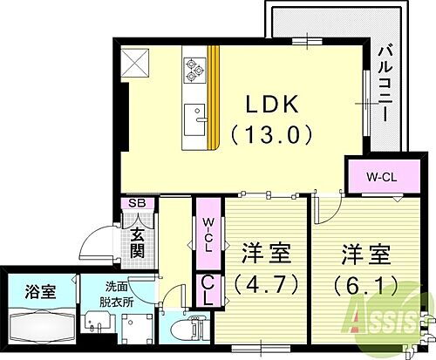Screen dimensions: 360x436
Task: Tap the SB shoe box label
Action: point(138,203)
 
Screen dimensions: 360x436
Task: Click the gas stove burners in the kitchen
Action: point(194,69)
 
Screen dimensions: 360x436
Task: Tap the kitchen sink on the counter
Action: point(194,114)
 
